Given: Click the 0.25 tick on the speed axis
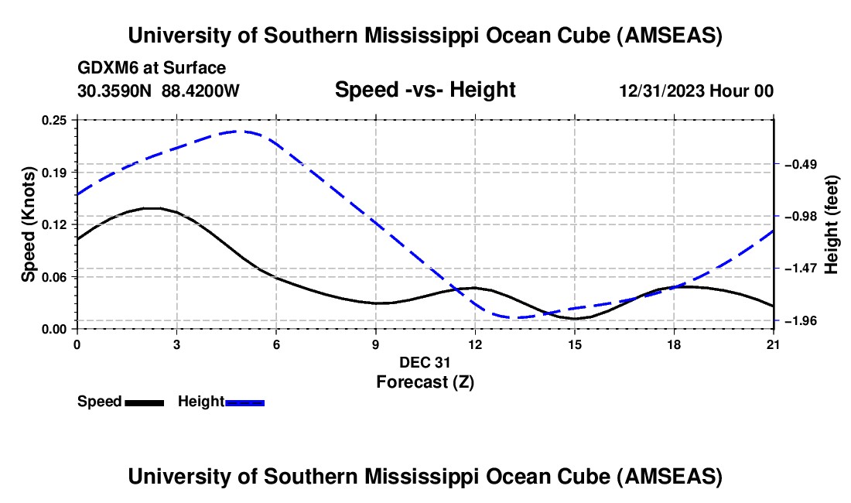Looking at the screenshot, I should (56, 120).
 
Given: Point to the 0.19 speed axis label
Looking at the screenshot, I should (56, 172).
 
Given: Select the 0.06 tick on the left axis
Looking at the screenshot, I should (56, 277).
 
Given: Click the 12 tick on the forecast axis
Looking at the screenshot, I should (475, 344).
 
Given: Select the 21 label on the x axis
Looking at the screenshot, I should (774, 344).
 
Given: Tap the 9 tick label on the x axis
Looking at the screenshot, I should (376, 344).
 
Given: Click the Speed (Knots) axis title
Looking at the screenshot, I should (29, 224).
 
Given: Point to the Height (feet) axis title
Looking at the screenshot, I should (832, 224).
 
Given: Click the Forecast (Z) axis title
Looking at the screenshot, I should (425, 382).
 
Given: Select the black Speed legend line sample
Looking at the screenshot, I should (144, 402).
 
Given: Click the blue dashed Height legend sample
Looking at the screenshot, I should (244, 402).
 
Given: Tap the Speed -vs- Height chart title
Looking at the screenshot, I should (425, 91).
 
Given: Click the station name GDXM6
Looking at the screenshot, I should (105, 68).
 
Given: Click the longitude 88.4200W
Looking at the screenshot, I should (201, 91).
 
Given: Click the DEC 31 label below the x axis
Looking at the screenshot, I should (425, 362).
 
